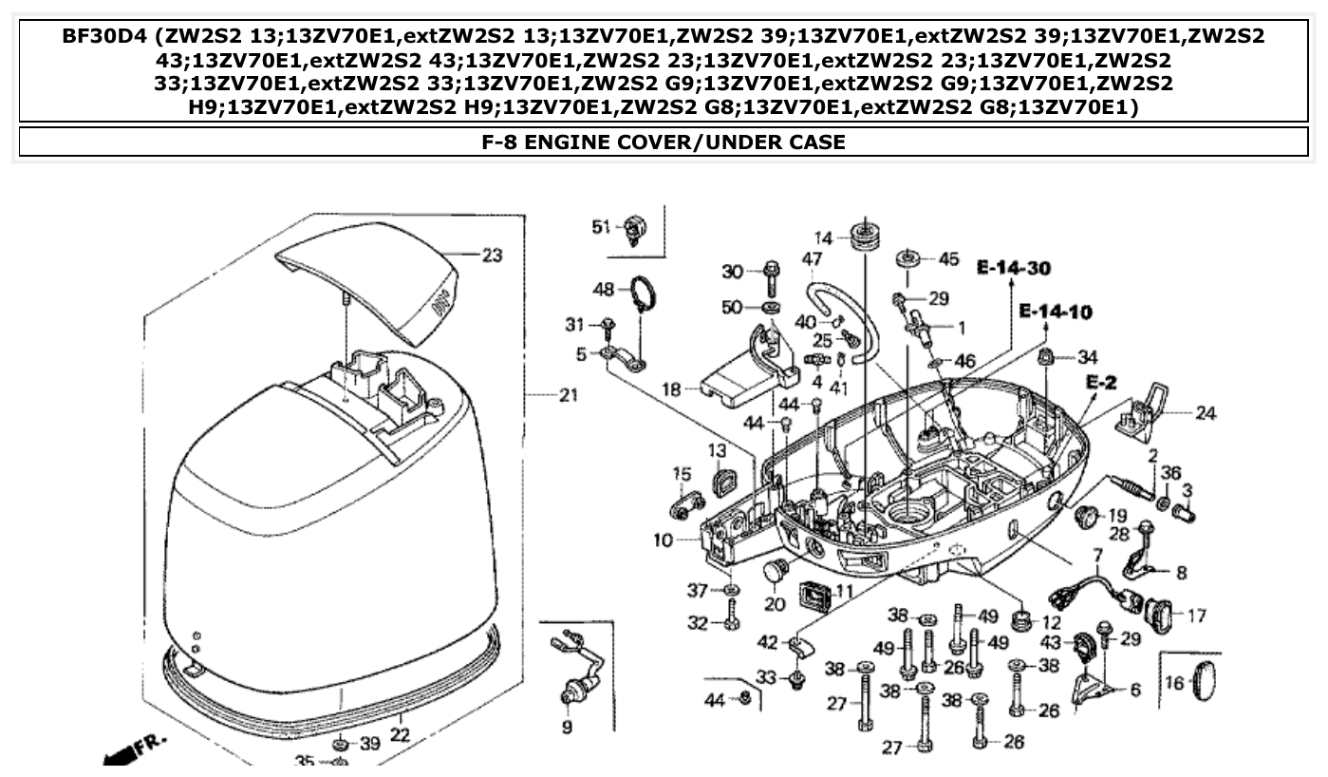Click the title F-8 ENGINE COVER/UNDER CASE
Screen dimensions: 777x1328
click(664, 142)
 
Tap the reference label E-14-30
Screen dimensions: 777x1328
click(1013, 269)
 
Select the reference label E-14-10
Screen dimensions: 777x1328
click(1055, 311)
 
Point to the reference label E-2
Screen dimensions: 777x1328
click(1100, 382)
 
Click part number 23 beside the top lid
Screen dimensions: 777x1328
click(491, 256)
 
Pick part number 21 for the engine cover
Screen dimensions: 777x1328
click(567, 395)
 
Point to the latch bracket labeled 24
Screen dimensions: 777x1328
click(1144, 408)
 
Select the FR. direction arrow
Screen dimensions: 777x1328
click(128, 748)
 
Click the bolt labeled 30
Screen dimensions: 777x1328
click(770, 275)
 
